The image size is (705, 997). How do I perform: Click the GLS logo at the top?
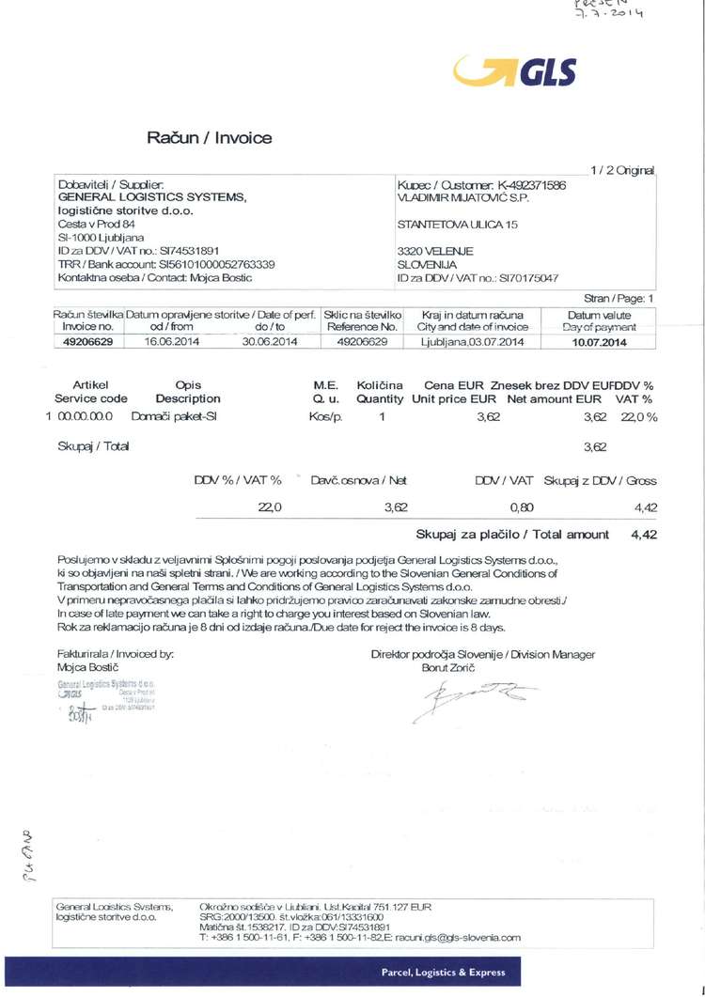(514, 70)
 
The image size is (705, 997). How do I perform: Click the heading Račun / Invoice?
(209, 138)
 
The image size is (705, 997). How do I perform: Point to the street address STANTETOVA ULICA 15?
(457, 225)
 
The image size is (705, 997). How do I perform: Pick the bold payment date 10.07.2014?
(599, 342)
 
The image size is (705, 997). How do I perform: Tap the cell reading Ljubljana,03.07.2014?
(472, 342)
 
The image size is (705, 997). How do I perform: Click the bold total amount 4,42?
(644, 534)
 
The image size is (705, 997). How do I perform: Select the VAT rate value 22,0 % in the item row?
(638, 414)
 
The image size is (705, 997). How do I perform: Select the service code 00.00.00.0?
(86, 414)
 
